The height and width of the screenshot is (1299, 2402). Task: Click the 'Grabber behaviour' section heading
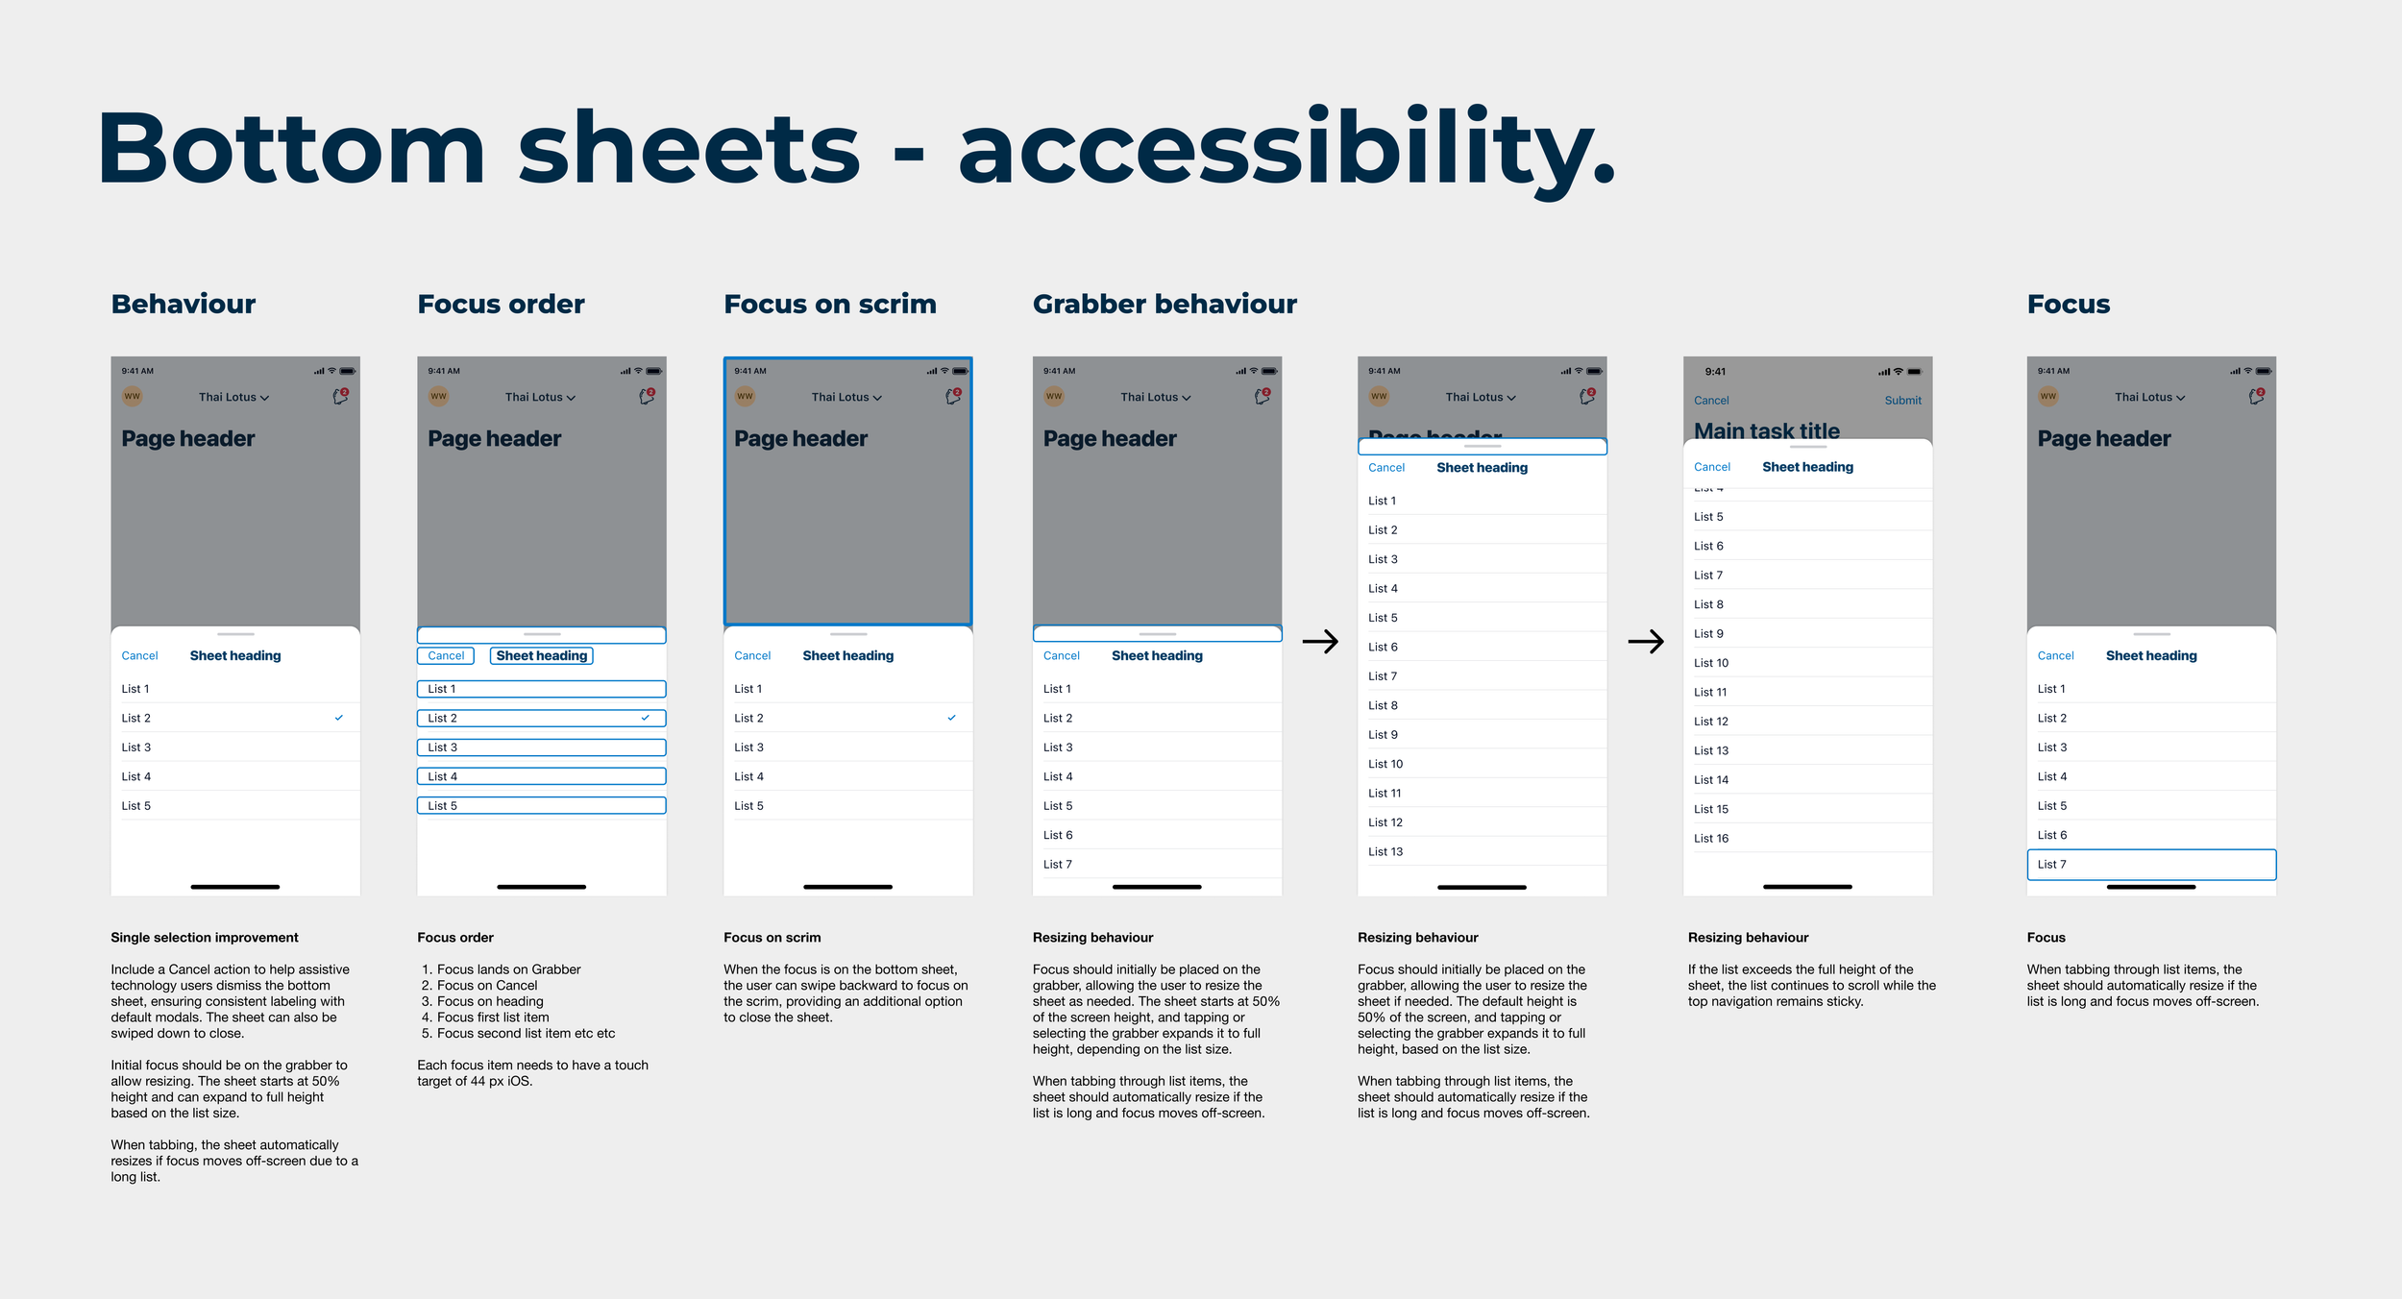click(1164, 304)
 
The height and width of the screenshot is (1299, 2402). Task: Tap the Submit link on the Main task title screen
click(1901, 400)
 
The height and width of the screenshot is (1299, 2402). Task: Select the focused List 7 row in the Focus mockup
click(2150, 864)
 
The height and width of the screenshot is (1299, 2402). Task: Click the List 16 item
click(1710, 838)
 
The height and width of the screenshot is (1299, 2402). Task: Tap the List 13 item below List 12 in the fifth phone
click(1385, 851)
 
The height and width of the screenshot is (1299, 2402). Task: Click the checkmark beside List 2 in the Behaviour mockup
click(338, 718)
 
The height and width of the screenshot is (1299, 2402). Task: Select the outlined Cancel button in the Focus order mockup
click(446, 655)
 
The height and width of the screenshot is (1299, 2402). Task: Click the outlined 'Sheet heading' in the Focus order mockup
click(541, 655)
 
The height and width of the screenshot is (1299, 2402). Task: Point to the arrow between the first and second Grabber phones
click(1319, 641)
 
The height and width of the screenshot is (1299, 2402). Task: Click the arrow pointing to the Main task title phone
click(1645, 641)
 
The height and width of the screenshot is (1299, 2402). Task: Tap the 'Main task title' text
click(1766, 430)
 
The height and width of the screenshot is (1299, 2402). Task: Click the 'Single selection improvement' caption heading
click(204, 937)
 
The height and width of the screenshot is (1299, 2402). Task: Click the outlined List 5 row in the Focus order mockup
click(541, 805)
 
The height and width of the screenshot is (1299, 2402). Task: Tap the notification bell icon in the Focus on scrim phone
click(952, 396)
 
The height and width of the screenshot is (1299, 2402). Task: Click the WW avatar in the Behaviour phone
click(132, 396)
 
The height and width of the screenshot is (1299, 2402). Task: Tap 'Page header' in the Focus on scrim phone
click(800, 438)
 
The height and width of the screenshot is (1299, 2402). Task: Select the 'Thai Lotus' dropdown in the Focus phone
click(2148, 397)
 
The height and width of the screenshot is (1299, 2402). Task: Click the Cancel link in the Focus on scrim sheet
click(751, 655)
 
